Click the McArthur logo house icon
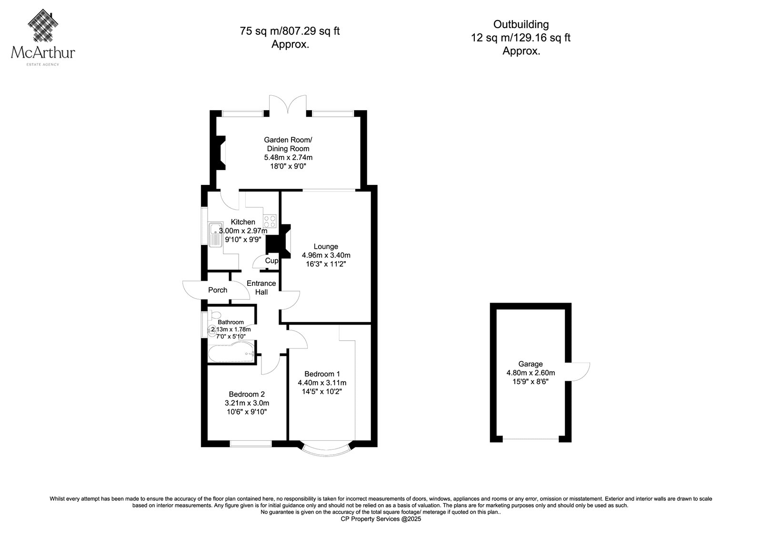point(43,25)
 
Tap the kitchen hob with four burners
point(270,221)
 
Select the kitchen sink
point(215,235)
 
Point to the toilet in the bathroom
point(214,315)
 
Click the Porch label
point(218,290)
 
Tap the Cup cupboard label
point(272,261)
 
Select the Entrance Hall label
point(261,288)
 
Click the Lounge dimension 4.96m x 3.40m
point(326,255)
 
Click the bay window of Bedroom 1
point(326,450)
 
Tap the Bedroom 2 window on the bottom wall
point(251,444)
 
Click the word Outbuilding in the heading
point(521,24)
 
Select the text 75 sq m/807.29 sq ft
point(290,31)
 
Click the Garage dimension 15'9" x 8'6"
point(531,382)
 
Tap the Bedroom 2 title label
point(247,394)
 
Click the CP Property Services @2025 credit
point(381,519)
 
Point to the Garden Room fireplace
point(221,153)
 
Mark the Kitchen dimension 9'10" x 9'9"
point(243,239)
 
